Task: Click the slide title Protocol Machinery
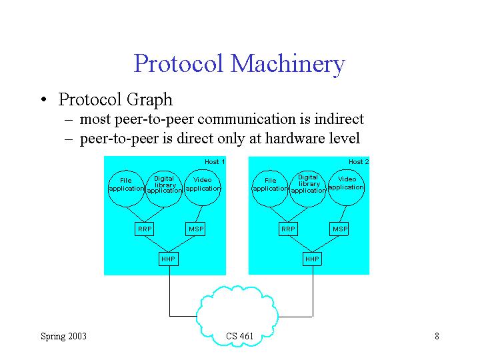[x=239, y=64]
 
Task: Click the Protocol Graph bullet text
[x=115, y=100]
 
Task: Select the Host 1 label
[x=214, y=162]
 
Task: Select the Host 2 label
[x=359, y=162]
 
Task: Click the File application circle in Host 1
[x=126, y=185]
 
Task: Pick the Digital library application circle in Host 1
[x=164, y=185]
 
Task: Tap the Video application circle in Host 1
[x=202, y=185]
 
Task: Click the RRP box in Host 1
[x=145, y=229]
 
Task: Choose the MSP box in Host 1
[x=196, y=229]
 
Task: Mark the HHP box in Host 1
[x=169, y=259]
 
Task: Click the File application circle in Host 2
[x=270, y=185]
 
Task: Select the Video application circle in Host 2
[x=347, y=184]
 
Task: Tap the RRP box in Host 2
[x=288, y=229]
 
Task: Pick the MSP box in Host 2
[x=340, y=229]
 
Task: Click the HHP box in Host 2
[x=312, y=259]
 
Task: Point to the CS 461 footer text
[x=239, y=337]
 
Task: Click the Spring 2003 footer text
[x=63, y=336]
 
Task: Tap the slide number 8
[x=436, y=336]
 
